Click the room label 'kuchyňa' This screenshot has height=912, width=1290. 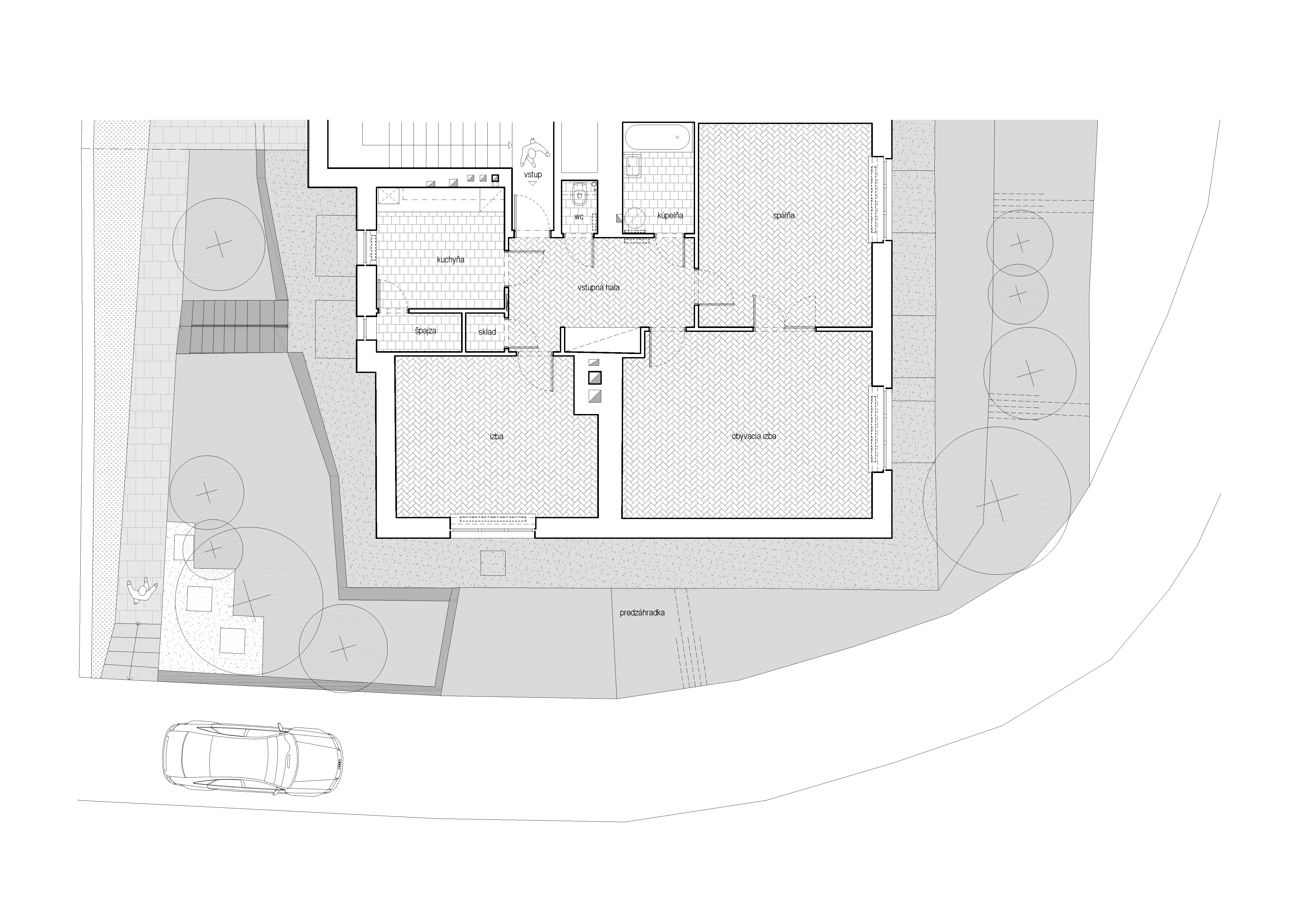click(451, 260)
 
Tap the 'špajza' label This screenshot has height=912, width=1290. click(425, 331)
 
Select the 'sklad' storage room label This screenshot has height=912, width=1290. click(487, 332)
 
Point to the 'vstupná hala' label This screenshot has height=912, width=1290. click(598, 288)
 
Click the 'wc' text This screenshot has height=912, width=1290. click(579, 217)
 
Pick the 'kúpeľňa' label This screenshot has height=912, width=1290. click(670, 216)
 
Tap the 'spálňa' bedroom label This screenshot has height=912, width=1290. click(784, 215)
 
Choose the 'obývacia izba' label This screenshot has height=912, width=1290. click(754, 436)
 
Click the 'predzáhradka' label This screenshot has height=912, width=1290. click(642, 613)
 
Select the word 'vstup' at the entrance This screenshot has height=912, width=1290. click(533, 175)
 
